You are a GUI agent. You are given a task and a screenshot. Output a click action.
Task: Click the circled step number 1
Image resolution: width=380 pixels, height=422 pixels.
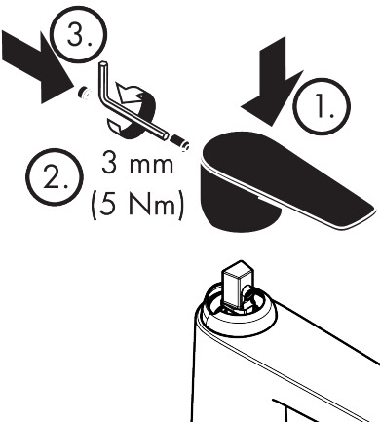tap(322, 106)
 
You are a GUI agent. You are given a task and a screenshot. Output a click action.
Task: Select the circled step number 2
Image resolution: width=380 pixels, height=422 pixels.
tap(55, 177)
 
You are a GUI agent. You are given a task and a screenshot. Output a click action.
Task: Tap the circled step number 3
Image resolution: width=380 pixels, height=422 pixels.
tap(78, 34)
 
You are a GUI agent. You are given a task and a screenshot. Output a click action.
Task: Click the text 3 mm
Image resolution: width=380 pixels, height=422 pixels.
tap(137, 163)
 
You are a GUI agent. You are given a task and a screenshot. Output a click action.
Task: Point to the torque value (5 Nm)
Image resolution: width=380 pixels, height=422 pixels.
tap(137, 205)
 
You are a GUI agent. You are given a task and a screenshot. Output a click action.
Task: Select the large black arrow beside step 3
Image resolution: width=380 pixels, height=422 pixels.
tap(36, 66)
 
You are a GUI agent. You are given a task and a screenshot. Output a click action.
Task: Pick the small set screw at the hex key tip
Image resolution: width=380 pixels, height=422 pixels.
tap(179, 143)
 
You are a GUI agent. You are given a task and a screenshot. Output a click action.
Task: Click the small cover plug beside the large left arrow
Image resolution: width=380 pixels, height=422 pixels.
tap(84, 94)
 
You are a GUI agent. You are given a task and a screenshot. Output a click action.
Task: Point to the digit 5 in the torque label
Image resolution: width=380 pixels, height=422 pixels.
tap(106, 205)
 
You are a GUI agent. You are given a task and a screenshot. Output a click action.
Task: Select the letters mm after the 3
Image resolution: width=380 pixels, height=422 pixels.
tap(151, 166)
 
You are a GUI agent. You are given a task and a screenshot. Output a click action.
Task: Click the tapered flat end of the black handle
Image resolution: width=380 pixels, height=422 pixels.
tap(351, 212)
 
